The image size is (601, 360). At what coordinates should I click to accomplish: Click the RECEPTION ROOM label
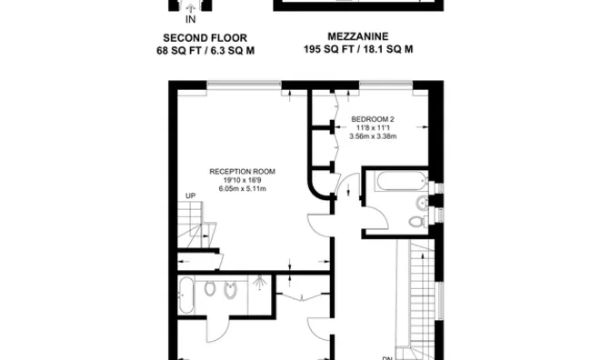242,171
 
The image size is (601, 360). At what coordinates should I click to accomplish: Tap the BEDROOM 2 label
373,119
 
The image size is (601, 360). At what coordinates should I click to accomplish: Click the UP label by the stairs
191,196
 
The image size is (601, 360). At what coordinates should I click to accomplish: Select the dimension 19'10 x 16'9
242,181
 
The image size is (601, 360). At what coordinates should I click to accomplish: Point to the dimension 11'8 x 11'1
373,128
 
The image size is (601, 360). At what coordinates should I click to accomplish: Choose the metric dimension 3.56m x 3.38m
373,137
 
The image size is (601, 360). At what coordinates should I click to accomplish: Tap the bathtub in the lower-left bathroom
186,295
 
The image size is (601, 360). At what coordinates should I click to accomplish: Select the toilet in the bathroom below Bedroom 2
417,221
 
